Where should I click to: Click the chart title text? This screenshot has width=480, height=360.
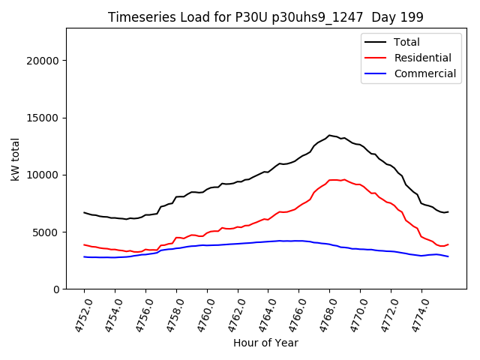pyautogui.click(x=265, y=17)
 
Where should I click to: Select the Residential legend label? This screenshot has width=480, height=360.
pyautogui.click(x=422, y=58)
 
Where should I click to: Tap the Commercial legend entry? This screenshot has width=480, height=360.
pyautogui.click(x=424, y=73)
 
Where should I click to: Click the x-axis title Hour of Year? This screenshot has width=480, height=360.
pyautogui.click(x=265, y=343)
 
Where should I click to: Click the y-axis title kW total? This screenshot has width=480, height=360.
pyautogui.click(x=15, y=159)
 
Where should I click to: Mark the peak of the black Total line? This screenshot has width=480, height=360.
pyautogui.click(x=329, y=135)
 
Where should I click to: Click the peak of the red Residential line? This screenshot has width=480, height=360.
pyautogui.click(x=344, y=179)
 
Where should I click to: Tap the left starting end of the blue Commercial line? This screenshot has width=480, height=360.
pyautogui.click(x=84, y=256)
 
